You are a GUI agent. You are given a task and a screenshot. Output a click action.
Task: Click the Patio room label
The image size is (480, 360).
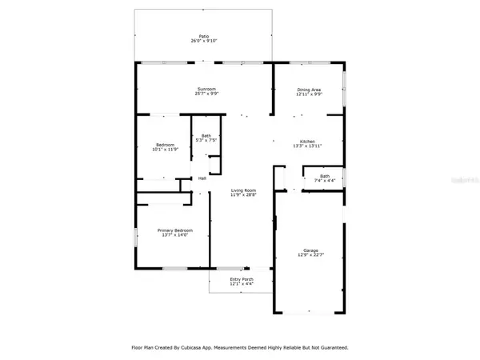pyautogui.click(x=205, y=37)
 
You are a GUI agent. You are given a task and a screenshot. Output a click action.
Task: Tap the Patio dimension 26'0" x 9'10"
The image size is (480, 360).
pyautogui.click(x=205, y=42)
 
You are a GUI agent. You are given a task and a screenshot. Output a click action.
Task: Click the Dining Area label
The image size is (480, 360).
pyautogui.click(x=310, y=90)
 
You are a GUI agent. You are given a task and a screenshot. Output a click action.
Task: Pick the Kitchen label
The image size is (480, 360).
pyautogui.click(x=310, y=140)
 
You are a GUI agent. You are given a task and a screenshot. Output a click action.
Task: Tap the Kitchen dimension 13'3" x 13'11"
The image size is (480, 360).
pyautogui.click(x=310, y=146)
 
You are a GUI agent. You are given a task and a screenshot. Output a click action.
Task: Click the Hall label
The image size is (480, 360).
pyautogui.click(x=202, y=178)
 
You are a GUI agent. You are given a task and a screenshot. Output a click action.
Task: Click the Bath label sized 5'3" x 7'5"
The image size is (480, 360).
pyautogui.click(x=206, y=135)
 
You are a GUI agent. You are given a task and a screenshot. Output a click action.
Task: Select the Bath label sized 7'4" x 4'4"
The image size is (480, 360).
pyautogui.click(x=324, y=176)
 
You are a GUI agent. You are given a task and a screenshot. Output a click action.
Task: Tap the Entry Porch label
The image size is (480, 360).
pyautogui.click(x=232, y=280)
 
